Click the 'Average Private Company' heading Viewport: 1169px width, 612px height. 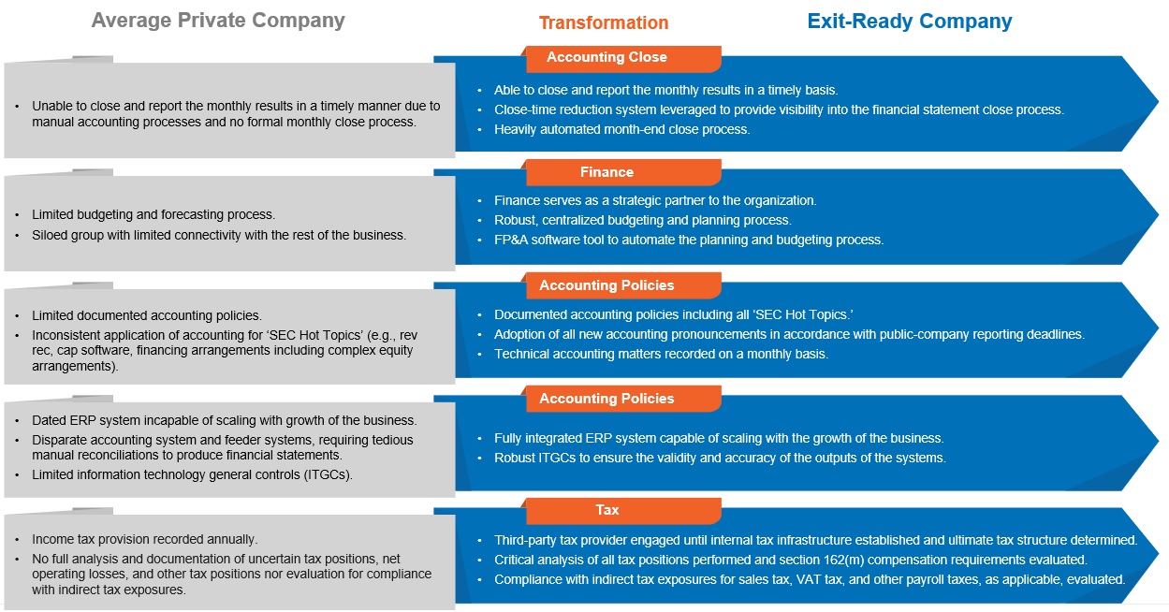(x=218, y=21)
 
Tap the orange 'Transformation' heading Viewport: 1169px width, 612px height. (x=603, y=22)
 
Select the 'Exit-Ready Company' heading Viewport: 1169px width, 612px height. (x=909, y=22)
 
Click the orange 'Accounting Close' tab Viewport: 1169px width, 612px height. (x=606, y=58)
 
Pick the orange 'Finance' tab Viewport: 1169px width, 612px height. (x=606, y=172)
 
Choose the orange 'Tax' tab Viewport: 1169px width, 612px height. (x=606, y=511)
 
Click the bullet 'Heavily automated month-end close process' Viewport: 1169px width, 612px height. (x=621, y=130)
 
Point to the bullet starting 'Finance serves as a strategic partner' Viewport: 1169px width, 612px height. (x=655, y=201)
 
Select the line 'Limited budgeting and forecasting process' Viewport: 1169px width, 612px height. (x=153, y=215)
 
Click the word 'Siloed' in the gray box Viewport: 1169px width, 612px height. (x=52, y=235)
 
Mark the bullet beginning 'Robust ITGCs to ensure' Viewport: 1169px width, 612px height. (x=720, y=459)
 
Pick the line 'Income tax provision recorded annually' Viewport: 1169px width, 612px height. (x=144, y=540)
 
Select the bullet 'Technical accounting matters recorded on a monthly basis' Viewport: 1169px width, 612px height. (x=661, y=355)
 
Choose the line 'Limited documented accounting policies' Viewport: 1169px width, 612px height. (x=147, y=316)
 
